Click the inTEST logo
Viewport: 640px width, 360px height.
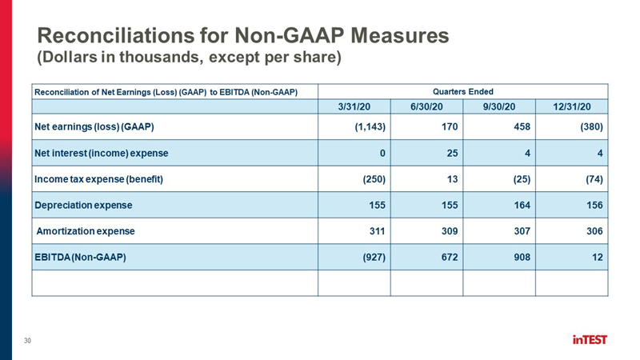(x=590, y=339)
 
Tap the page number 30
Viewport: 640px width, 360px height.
(x=27, y=341)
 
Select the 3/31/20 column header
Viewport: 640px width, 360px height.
(x=354, y=106)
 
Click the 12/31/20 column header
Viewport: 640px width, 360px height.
(x=572, y=106)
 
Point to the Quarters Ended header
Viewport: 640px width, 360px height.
(x=463, y=92)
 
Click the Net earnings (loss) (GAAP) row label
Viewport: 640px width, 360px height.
(x=94, y=127)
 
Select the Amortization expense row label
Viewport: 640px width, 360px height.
(x=86, y=231)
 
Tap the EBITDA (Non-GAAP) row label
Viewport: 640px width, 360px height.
(x=80, y=257)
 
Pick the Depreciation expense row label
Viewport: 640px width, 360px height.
(x=83, y=205)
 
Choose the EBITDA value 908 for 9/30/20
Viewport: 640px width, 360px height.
(x=522, y=257)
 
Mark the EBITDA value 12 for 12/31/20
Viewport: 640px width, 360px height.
(x=598, y=257)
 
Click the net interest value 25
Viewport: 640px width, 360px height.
(x=452, y=153)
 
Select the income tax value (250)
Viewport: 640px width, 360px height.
(x=374, y=179)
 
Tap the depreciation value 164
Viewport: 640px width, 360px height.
(x=522, y=205)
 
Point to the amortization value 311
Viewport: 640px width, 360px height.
(x=377, y=231)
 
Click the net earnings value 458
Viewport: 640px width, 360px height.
(x=522, y=127)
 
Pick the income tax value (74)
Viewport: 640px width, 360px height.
(x=594, y=179)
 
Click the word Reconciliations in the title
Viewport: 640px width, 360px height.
(x=116, y=35)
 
